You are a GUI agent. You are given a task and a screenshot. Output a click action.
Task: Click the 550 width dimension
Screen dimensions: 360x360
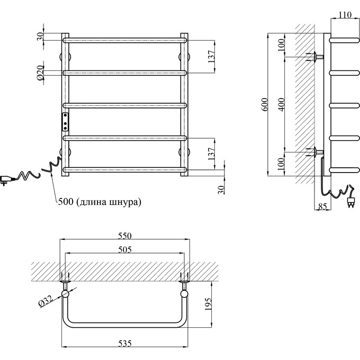click(124, 236)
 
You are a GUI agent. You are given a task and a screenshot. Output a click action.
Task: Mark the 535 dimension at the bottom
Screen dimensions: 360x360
click(124, 344)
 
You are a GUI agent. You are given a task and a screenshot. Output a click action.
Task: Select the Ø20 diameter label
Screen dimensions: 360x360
click(40, 72)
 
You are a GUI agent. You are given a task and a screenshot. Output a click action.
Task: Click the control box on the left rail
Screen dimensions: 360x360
click(65, 121)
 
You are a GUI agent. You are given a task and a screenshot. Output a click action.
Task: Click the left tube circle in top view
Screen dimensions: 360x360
click(65, 294)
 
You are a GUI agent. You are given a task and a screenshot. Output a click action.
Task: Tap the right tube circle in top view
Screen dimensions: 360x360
click(184, 294)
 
